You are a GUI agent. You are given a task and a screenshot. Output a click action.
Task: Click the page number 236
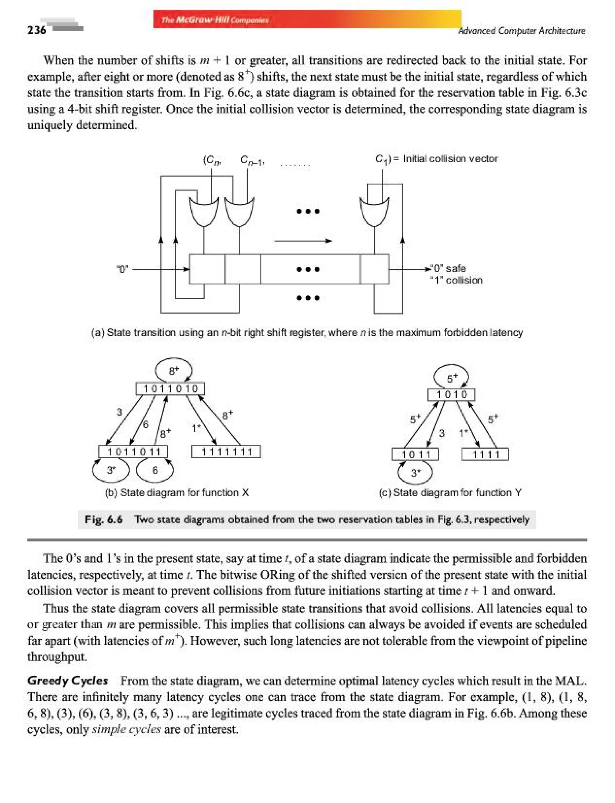coord(37,30)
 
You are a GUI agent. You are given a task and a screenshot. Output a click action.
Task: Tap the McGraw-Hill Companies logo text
coord(215,20)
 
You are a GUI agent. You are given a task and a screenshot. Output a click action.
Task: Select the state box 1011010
coord(170,389)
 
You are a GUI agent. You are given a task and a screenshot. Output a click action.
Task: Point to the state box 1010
coord(451,395)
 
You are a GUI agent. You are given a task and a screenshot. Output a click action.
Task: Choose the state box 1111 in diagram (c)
coord(485,455)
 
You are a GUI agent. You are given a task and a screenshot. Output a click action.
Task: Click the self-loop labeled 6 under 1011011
coord(155,470)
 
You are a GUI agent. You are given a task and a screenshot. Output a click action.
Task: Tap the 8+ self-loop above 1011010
coord(174,370)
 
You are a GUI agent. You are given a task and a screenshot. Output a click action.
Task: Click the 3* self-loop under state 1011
coord(415,473)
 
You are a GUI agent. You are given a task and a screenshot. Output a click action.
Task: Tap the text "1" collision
coord(456,281)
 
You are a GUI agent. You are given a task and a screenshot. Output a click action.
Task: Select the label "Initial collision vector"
coord(450,159)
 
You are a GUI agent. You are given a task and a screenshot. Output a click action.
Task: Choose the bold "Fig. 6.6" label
coord(103,519)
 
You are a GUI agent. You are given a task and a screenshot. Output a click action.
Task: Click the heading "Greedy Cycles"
coord(68,681)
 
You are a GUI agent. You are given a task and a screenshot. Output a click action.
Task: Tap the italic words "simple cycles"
coord(126,730)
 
